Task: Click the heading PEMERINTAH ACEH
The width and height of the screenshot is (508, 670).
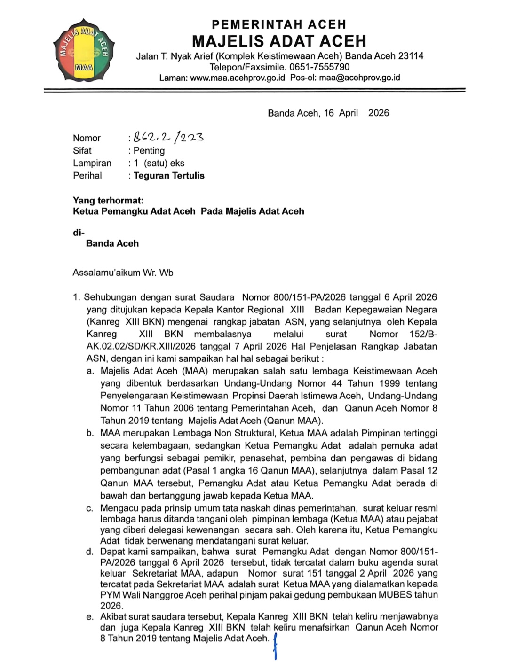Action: click(279, 24)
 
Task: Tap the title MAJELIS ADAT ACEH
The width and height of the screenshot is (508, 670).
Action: click(279, 41)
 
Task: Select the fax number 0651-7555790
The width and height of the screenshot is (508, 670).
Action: click(319, 67)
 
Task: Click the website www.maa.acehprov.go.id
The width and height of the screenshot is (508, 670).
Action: click(238, 78)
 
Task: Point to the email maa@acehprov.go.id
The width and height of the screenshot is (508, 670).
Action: click(359, 78)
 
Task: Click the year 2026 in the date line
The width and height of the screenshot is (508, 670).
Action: click(379, 113)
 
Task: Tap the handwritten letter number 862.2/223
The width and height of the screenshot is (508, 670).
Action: click(168, 137)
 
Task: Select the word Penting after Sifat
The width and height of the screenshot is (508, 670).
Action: click(149, 151)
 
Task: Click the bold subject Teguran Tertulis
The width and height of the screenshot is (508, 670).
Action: click(169, 176)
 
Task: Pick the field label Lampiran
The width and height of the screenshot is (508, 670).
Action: click(92, 163)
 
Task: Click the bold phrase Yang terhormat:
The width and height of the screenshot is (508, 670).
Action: click(108, 201)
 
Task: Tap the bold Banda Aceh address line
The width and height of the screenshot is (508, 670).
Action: click(112, 243)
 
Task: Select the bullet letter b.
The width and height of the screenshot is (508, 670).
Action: click(90, 433)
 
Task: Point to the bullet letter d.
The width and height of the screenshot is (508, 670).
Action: click(90, 552)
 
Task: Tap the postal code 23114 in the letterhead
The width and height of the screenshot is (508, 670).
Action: click(411, 56)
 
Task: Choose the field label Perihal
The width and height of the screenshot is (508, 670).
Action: click(87, 176)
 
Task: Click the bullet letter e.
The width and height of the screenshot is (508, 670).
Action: click(90, 617)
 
